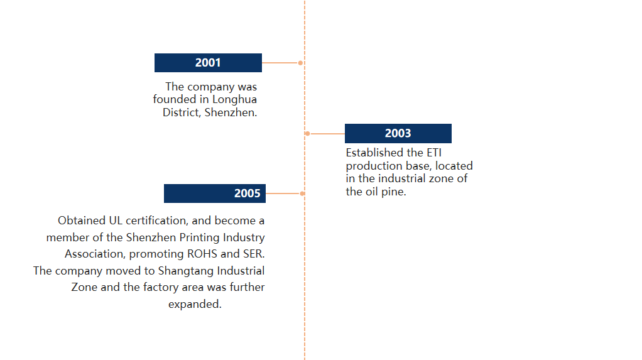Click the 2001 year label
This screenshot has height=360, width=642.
[208, 63]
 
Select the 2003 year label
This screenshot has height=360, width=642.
[398, 133]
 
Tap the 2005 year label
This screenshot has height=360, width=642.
[248, 194]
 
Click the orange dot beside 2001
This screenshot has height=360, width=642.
[300, 63]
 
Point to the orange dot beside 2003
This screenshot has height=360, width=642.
[307, 134]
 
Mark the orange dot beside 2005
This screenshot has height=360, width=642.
[302, 194]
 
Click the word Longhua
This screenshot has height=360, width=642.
[234, 99]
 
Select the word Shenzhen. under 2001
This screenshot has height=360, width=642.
[231, 112]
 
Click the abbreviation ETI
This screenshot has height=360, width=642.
[434, 153]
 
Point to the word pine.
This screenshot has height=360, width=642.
[394, 192]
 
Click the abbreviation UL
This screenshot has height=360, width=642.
[116, 221]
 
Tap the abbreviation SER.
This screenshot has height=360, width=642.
[254, 254]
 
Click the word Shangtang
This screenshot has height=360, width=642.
[186, 271]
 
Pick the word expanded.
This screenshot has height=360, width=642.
[195, 304]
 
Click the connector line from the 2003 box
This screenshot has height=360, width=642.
[327, 134]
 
